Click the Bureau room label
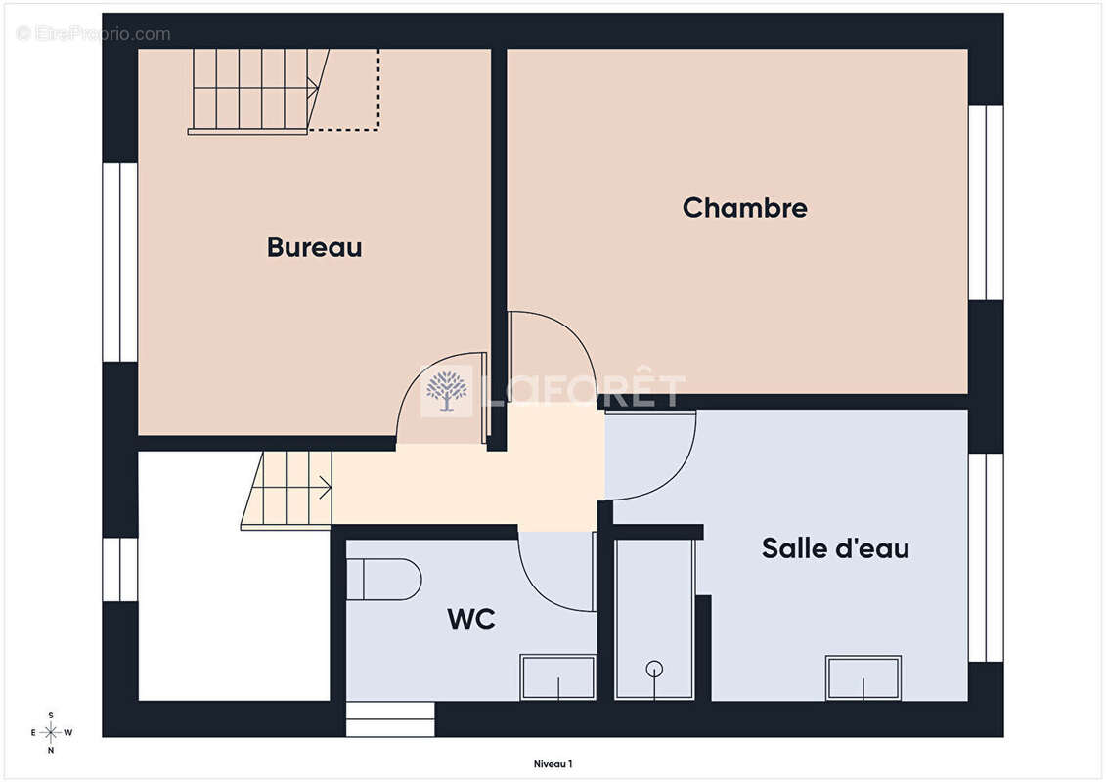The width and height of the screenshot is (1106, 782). pyautogui.click(x=315, y=247)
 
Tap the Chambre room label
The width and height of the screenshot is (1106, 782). pyautogui.click(x=745, y=208)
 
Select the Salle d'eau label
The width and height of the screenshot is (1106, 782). pyautogui.click(x=836, y=548)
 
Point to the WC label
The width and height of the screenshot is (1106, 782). pyautogui.click(x=471, y=619)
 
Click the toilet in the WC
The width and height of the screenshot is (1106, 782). pyautogui.click(x=383, y=580)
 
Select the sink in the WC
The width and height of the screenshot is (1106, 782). pyautogui.click(x=558, y=677)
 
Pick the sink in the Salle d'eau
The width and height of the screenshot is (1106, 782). pyautogui.click(x=863, y=677)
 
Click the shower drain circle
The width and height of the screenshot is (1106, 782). pyautogui.click(x=654, y=668)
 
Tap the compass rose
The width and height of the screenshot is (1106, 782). pyautogui.click(x=50, y=733)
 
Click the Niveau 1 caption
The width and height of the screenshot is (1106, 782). pyautogui.click(x=553, y=763)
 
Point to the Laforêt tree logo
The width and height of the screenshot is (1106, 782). pyautogui.click(x=447, y=391)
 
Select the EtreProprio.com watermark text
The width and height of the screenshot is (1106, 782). pyautogui.click(x=94, y=34)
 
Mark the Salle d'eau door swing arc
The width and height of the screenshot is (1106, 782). pyautogui.click(x=675, y=475)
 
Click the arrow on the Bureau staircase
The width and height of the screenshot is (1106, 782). pyautogui.click(x=311, y=88)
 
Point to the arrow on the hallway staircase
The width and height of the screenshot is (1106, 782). pyautogui.click(x=326, y=487)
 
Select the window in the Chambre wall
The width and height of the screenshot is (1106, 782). pyautogui.click(x=986, y=202)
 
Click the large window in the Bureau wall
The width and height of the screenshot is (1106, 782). pyautogui.click(x=120, y=262)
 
